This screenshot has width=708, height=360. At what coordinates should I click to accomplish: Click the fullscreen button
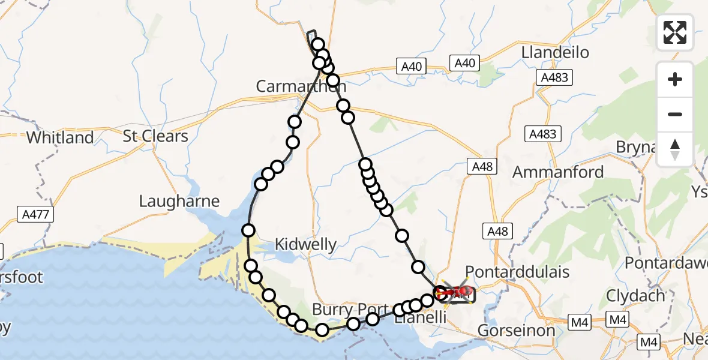675,32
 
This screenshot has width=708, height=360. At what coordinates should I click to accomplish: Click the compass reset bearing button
675,149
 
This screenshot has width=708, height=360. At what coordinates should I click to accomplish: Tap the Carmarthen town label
294,86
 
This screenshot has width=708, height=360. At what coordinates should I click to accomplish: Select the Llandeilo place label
555,52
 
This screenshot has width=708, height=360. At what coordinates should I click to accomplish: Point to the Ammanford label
558,172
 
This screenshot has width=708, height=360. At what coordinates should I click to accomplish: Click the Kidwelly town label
305,244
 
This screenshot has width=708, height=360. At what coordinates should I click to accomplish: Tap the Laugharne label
179,201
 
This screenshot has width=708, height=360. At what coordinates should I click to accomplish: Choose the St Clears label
155,136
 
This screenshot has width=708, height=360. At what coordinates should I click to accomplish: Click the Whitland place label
60,137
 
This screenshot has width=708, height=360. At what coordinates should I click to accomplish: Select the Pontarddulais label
517,272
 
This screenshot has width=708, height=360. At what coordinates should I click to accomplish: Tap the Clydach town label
635,295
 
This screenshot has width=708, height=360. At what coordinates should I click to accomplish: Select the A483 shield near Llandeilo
554,77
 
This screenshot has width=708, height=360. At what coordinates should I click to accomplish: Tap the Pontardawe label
666,263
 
